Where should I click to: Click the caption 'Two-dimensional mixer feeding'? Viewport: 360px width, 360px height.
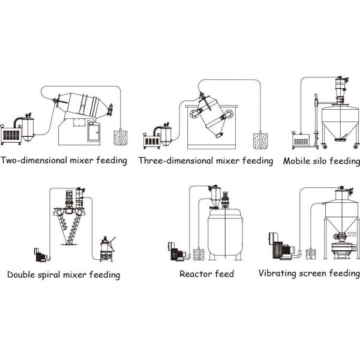coord(64,161)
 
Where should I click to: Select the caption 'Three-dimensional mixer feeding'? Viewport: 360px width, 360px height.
coord(205,161)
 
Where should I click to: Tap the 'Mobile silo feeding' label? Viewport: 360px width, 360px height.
coord(322,161)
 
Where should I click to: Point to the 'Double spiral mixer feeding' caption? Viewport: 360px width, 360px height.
coord(64,275)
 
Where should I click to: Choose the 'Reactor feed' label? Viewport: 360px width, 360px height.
coord(206,274)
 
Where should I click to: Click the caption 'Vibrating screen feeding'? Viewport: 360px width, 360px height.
coord(308,274)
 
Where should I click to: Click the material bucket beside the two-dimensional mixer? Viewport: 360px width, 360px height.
coord(119,137)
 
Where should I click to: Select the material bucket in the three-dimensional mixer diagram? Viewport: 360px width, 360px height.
coord(260,140)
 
